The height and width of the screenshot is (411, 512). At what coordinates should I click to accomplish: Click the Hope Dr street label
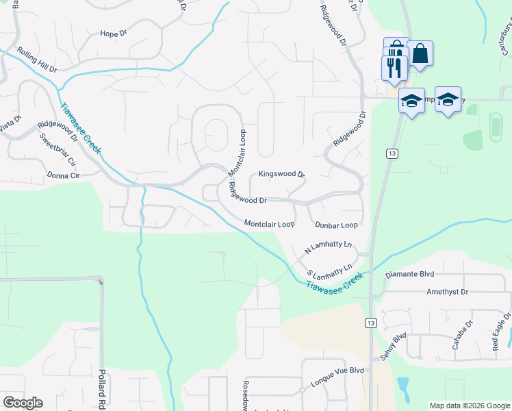click(x=114, y=33)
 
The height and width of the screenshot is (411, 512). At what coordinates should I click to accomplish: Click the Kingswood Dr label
click(x=281, y=175)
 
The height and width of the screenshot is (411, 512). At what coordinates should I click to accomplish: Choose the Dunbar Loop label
click(x=336, y=225)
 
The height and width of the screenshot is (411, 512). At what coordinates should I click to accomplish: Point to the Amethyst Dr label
click(x=447, y=292)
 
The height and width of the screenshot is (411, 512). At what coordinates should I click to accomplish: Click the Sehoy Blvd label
click(x=393, y=347)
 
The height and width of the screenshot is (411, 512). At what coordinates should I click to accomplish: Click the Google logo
click(x=23, y=403)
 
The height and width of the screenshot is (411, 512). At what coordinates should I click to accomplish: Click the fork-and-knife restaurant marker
click(x=394, y=67)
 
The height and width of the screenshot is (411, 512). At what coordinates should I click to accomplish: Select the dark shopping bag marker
click(x=420, y=53)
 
